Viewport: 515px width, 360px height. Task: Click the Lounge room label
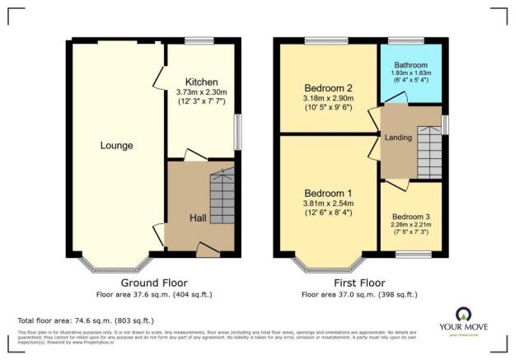pyautogui.click(x=117, y=146)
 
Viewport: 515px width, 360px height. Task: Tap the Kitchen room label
pyautogui.click(x=201, y=82)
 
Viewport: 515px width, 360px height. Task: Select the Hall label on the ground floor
pyautogui.click(x=198, y=217)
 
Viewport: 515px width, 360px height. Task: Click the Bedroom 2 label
pyautogui.click(x=328, y=88)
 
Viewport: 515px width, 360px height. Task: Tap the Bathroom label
pyautogui.click(x=410, y=64)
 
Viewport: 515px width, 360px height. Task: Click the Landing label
pyautogui.click(x=398, y=138)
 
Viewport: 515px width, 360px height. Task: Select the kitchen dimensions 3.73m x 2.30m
pyautogui.click(x=201, y=94)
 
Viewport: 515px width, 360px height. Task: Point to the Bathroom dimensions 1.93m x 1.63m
pyautogui.click(x=410, y=74)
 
